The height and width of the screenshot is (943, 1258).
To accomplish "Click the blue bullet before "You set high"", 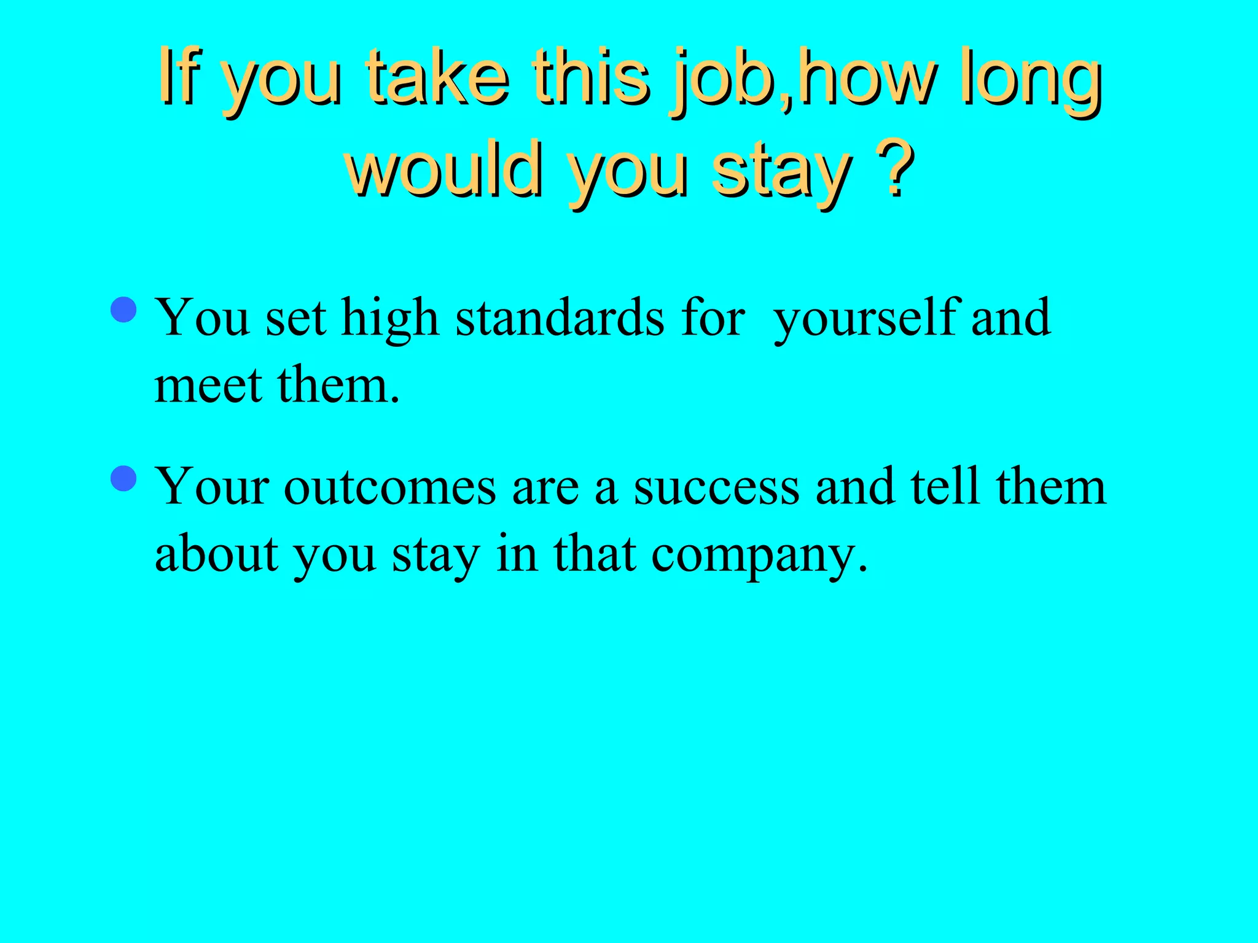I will pos(125,309).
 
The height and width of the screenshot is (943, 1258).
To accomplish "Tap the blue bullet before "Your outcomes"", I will pos(125,478).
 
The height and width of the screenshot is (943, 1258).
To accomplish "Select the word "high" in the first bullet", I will pos(389,318).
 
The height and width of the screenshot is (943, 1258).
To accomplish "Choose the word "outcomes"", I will pos(390,487).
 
